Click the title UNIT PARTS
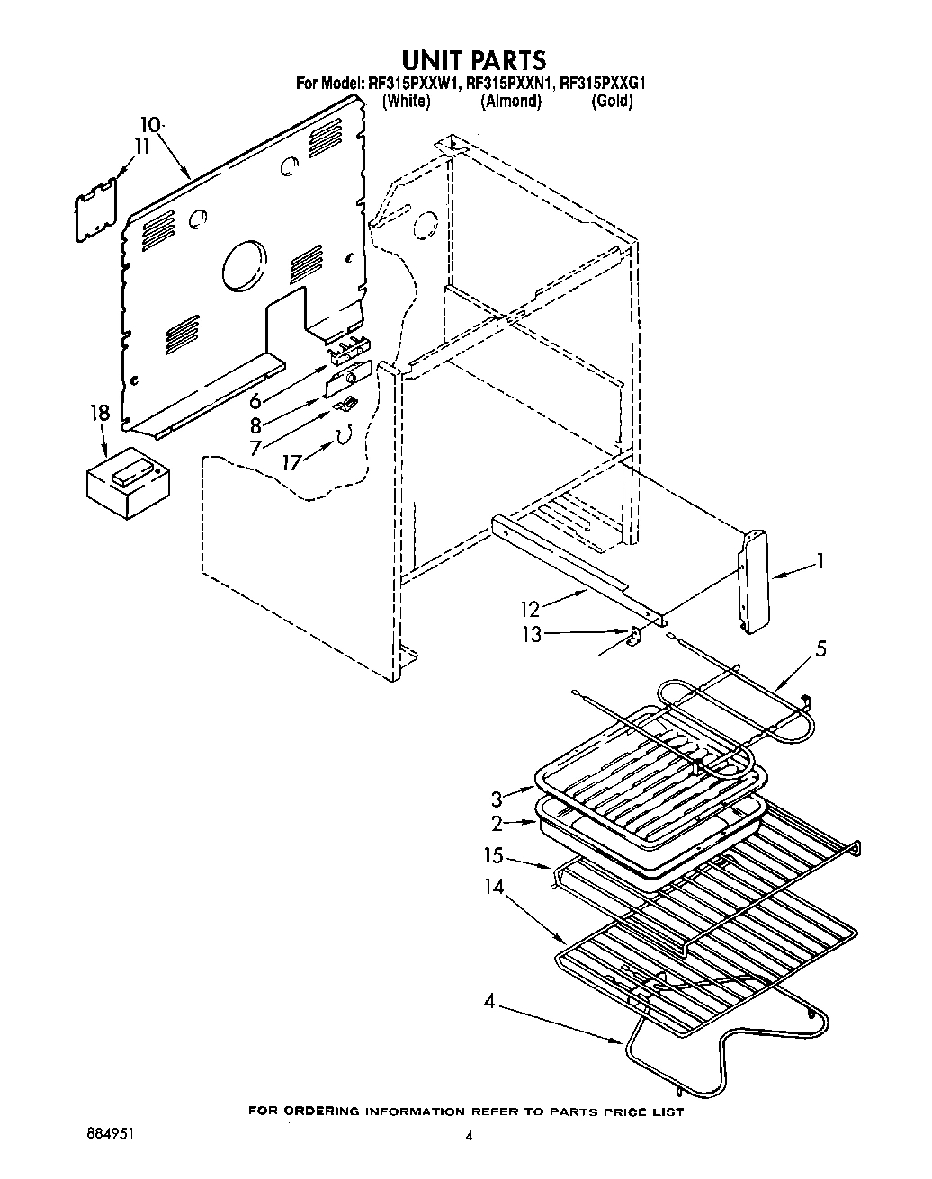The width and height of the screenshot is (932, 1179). tap(473, 59)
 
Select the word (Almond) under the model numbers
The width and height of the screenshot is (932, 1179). tap(511, 102)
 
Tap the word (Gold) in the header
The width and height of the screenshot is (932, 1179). tap(612, 102)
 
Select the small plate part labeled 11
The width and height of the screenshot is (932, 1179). tap(96, 210)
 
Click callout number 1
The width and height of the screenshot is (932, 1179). tap(819, 562)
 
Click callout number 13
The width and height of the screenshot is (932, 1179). tap(533, 634)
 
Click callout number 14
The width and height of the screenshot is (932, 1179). tap(496, 889)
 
